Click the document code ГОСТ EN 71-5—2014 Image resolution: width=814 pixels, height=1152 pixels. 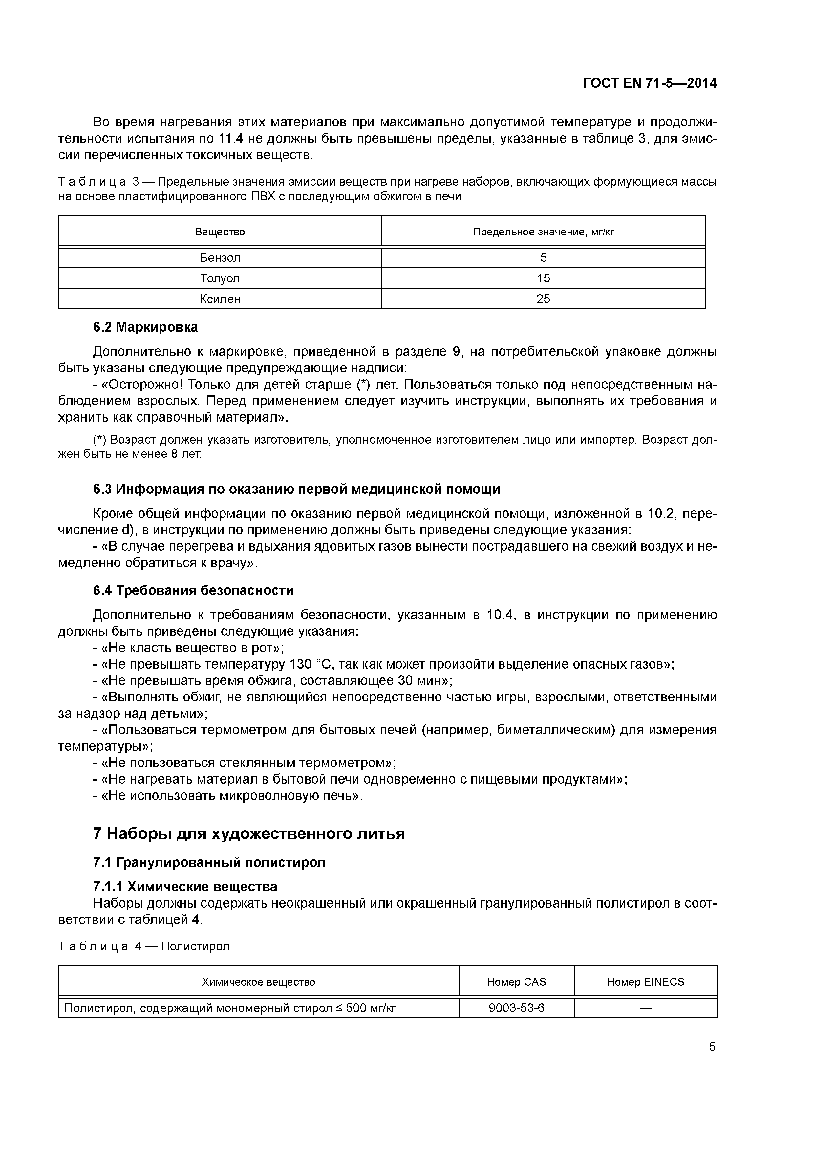[x=650, y=83]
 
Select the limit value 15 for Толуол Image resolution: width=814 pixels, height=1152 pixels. [x=543, y=278]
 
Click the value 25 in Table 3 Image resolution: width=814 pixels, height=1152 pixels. [x=543, y=299]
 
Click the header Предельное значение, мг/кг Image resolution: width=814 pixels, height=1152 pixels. [x=543, y=232]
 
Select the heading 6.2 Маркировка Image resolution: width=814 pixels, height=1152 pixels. [x=145, y=327]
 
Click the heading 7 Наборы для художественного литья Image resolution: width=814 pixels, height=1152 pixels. [x=249, y=834]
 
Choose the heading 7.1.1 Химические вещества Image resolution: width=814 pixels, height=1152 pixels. [x=185, y=887]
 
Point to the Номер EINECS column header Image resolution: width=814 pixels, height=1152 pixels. [x=646, y=982]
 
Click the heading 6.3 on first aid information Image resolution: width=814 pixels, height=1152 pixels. [x=296, y=489]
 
